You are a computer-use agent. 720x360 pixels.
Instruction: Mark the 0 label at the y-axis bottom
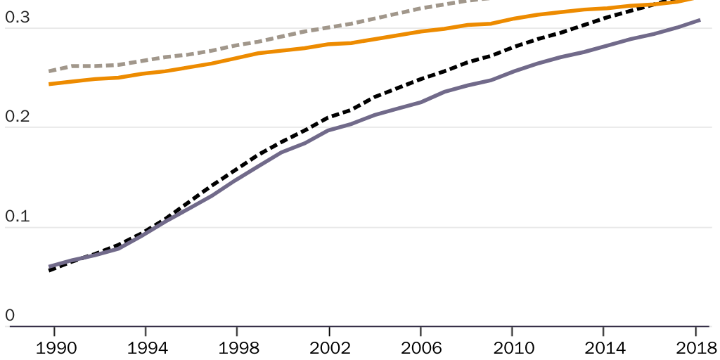pos(9,316)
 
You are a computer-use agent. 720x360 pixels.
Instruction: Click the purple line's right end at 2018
pos(700,20)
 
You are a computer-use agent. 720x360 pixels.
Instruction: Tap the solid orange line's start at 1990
pos(49,84)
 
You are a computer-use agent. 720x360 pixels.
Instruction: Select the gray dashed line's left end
pos(49,71)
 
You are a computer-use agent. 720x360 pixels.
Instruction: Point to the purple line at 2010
pos(511,72)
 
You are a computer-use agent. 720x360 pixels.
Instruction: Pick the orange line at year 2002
pos(328,44)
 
